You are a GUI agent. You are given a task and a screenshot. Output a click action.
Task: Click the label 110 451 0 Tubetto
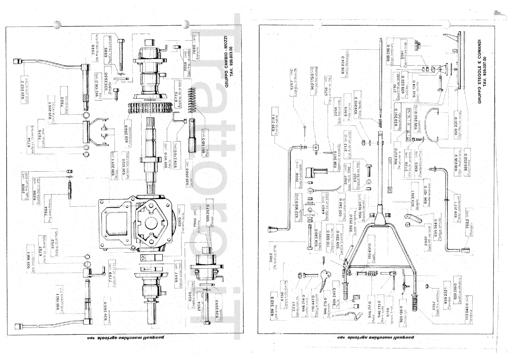370,253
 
